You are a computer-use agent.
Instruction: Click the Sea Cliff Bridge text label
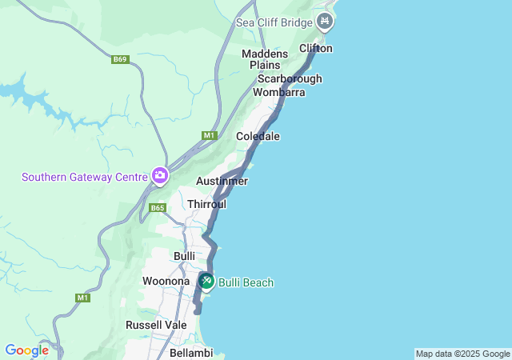(x=274, y=22)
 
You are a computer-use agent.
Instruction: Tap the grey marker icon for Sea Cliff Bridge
(x=325, y=22)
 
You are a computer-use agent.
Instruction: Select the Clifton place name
(x=315, y=48)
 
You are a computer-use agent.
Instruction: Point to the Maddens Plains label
(x=265, y=59)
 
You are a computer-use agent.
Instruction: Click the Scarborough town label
(x=290, y=78)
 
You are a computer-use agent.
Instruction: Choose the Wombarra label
(x=279, y=92)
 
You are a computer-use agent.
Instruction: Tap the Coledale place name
(x=258, y=136)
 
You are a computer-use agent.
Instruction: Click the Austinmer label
(x=222, y=181)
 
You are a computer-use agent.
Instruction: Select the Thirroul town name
(x=206, y=204)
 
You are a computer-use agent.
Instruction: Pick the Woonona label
(x=166, y=281)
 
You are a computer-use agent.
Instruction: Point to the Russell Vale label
(x=156, y=325)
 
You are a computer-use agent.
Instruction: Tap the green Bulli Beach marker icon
(x=206, y=281)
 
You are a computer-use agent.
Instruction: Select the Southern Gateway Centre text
(x=84, y=177)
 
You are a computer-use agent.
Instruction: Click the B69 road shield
(x=120, y=59)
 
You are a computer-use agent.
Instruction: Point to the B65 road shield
(x=157, y=208)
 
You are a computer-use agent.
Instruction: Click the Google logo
(x=26, y=350)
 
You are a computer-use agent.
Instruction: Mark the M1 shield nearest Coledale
(x=210, y=135)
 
